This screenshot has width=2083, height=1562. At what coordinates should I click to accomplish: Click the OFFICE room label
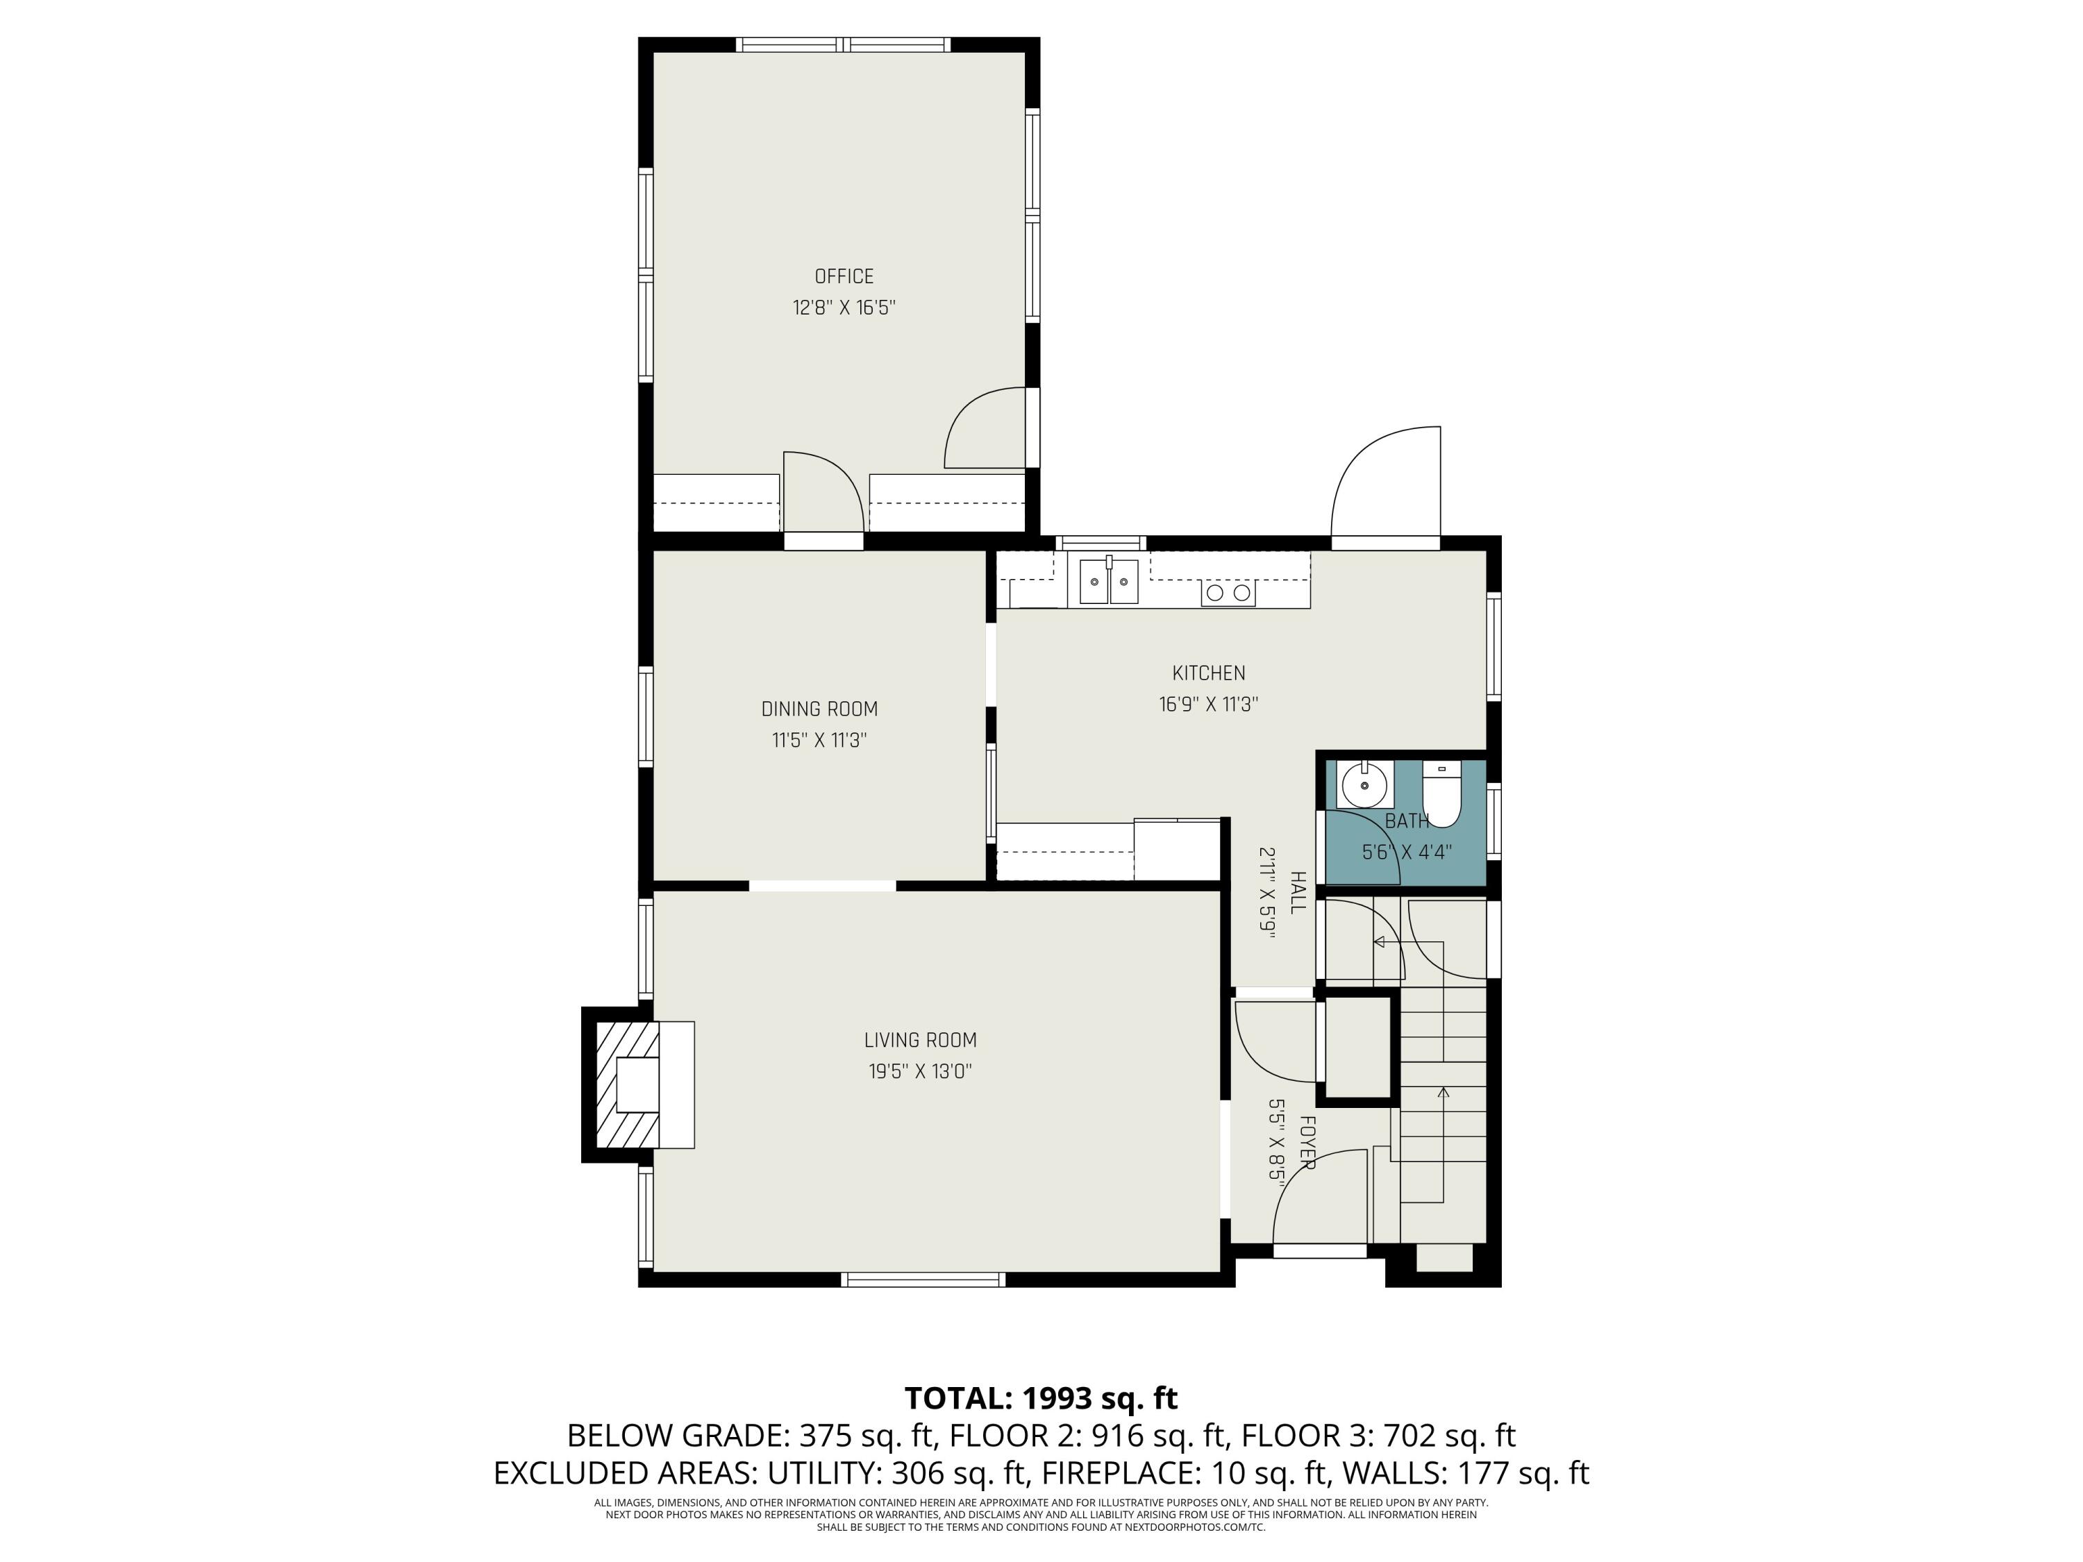(844, 277)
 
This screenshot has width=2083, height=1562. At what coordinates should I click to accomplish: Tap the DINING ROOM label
(819, 709)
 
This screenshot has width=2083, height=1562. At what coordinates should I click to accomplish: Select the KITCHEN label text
(1208, 673)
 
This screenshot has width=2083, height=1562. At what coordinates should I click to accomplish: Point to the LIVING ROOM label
(920, 1041)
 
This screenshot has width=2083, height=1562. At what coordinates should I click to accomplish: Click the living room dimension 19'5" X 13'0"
(920, 1071)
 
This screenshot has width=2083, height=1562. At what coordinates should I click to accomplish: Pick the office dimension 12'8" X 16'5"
(844, 308)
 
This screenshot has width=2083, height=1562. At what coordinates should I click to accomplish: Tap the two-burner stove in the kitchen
(1228, 592)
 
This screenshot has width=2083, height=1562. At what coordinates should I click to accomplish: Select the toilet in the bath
(1441, 793)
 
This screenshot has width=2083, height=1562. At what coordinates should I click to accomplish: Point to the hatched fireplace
(629, 1084)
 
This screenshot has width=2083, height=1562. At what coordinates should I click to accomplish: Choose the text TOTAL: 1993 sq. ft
(1041, 1398)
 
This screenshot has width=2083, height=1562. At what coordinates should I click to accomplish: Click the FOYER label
(1306, 1143)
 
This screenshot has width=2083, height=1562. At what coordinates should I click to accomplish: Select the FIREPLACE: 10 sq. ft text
(1181, 1472)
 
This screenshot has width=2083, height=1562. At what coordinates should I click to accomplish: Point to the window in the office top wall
(843, 44)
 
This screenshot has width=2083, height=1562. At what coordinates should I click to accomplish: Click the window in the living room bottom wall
(923, 1279)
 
